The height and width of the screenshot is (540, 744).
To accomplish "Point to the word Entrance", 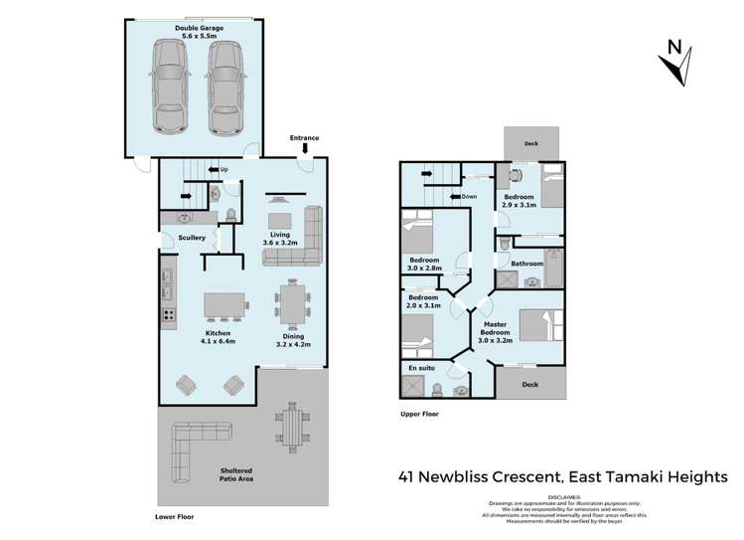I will pyautogui.click(x=305, y=137).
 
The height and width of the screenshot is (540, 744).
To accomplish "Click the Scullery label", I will pyautogui.click(x=191, y=239).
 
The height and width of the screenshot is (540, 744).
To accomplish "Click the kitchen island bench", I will pyautogui.click(x=224, y=306).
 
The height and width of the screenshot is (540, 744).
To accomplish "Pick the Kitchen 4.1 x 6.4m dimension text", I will pyautogui.click(x=218, y=339).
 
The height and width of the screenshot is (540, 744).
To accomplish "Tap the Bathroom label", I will pyautogui.click(x=526, y=264).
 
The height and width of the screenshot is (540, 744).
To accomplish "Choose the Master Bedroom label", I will pyautogui.click(x=495, y=331).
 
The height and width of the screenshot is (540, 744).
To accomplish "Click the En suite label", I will pyautogui.click(x=422, y=368).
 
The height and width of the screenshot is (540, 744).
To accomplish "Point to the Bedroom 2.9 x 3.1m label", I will pyautogui.click(x=520, y=202).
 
